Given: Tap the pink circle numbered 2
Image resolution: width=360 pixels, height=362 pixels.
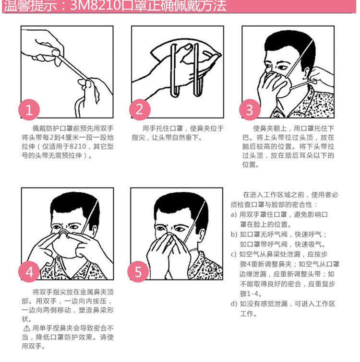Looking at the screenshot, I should point(139,110).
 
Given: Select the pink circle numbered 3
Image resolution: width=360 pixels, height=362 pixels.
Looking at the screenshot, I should point(249,110).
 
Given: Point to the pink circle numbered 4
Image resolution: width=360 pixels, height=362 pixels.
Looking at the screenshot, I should point(29,272).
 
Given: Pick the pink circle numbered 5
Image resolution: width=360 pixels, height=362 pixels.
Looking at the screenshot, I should point(139,272).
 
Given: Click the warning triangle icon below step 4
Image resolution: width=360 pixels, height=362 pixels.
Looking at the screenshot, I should point(26,328).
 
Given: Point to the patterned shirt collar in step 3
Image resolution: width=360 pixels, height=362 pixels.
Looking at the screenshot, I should point(307,103).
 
